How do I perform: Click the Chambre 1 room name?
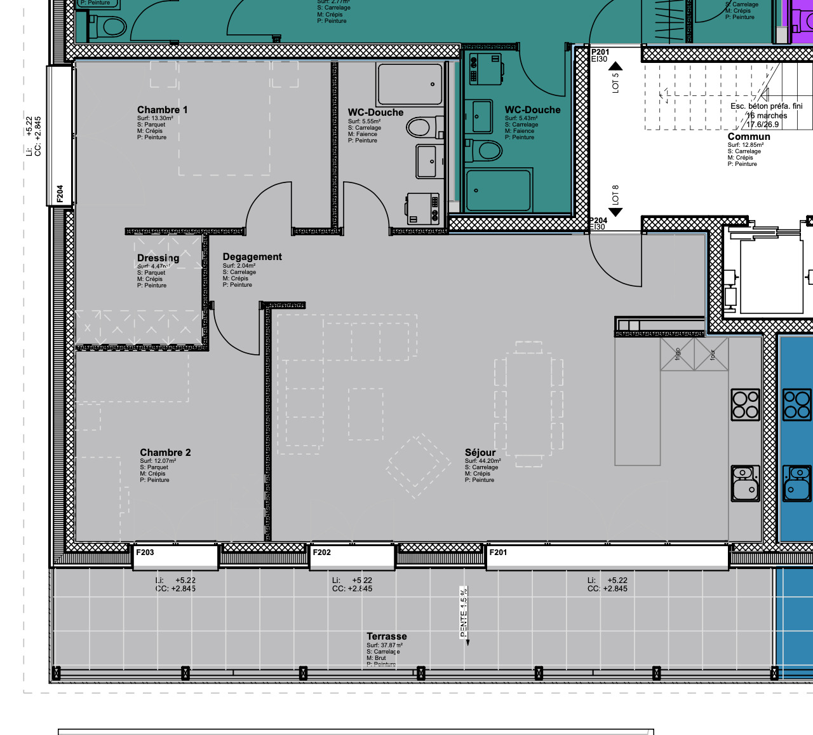coord(162,110)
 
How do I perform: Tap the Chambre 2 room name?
coord(165,453)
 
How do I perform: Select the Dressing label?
coord(158,258)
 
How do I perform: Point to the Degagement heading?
coord(252,257)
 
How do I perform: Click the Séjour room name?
coord(480,453)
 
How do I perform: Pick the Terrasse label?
coord(386,636)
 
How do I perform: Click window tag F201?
coord(498,553)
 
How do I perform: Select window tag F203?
coord(145,553)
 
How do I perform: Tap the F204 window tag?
coord(60,193)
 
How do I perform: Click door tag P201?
coord(600,52)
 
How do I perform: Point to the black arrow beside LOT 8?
coord(615,212)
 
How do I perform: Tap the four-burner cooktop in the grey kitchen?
coord(745,404)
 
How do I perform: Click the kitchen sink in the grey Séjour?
coord(745,483)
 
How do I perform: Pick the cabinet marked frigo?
coord(677,354)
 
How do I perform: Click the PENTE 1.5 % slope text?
coord(464,612)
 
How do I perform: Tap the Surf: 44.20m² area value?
coord(483,461)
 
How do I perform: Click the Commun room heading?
coord(749,137)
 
